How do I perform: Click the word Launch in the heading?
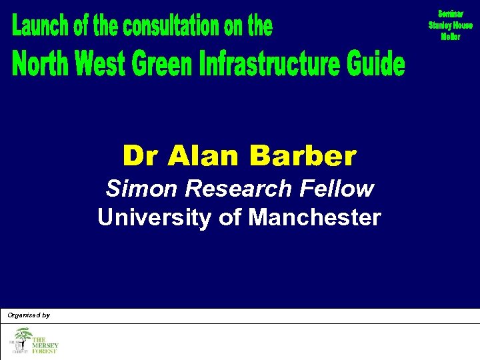click(x=40, y=27)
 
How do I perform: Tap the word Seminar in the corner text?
click(x=451, y=13)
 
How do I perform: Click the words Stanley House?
click(x=451, y=25)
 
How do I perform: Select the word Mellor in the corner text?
click(x=451, y=37)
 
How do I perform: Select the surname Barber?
click(x=303, y=156)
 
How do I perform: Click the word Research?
click(x=239, y=189)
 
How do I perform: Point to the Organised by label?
click(x=29, y=315)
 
